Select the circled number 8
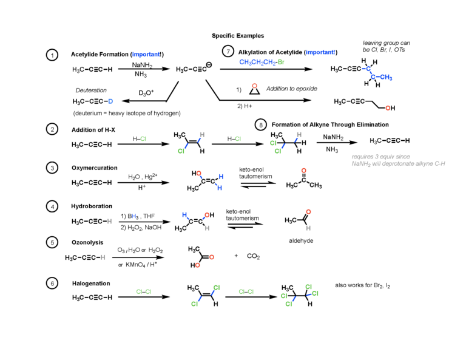[261, 124]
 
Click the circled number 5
[53, 243]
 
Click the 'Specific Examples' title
[238, 36]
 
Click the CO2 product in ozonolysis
[254, 257]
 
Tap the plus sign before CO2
[236, 256]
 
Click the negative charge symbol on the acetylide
[209, 65]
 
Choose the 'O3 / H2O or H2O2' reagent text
[141, 250]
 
